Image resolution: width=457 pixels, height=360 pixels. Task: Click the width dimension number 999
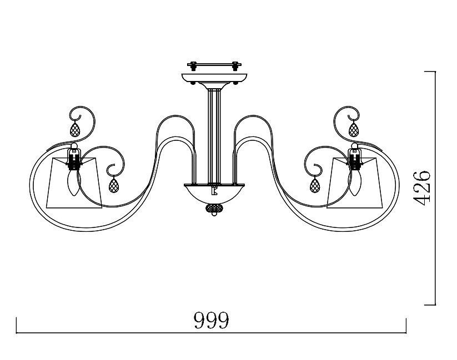212,320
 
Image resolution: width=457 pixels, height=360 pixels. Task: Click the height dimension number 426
422,188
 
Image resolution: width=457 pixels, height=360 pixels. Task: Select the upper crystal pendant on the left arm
75,130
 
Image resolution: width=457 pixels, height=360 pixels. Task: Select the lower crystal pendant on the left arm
114,185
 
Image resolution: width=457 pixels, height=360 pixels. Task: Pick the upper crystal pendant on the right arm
354,130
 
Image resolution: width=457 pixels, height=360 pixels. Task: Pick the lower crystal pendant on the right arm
315,185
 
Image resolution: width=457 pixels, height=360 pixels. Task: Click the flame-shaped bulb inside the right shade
355,182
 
